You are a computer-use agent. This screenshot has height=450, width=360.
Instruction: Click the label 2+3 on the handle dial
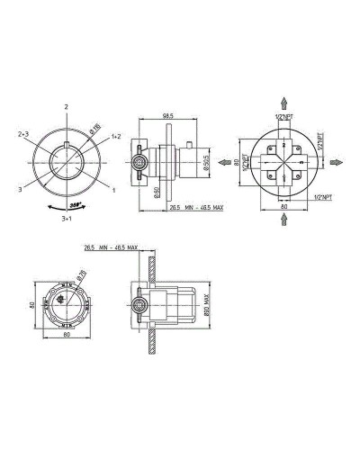pyautogui.click(x=24, y=134)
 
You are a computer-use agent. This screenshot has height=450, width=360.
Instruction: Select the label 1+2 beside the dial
pyautogui.click(x=116, y=136)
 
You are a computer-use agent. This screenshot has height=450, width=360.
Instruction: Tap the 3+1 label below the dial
pyautogui.click(x=67, y=218)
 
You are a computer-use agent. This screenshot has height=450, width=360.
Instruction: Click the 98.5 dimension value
pyautogui.click(x=167, y=115)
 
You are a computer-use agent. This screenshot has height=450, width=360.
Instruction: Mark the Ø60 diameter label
pyautogui.click(x=156, y=191)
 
